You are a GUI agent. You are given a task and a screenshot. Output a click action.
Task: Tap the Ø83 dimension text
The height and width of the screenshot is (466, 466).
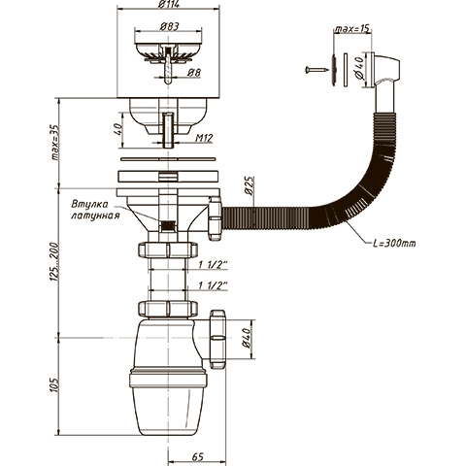(170, 26)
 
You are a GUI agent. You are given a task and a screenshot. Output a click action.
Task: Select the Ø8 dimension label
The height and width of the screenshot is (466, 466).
(193, 73)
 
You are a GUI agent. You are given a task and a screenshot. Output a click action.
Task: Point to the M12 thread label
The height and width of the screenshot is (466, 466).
(204, 138)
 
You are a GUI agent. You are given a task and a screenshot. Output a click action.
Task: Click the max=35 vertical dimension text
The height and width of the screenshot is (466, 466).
(55, 143)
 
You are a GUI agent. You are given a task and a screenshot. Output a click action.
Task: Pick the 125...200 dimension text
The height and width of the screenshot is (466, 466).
(54, 261)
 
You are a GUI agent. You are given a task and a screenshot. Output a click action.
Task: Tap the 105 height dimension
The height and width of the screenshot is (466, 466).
(54, 384)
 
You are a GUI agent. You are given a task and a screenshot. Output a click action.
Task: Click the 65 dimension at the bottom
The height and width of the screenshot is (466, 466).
(198, 456)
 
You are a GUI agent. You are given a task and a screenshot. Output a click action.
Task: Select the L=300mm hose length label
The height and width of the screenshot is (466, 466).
(394, 243)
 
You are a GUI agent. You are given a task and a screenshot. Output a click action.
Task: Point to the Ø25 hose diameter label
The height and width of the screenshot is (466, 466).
(250, 185)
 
